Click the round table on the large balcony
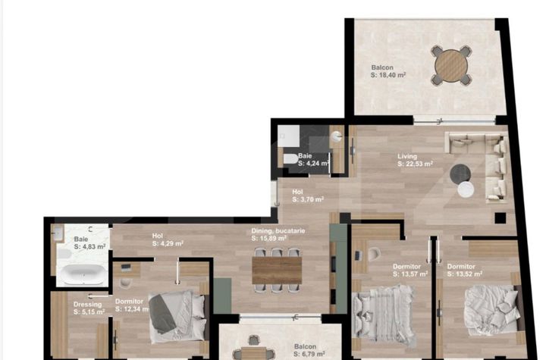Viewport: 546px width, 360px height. (x=451, y=65)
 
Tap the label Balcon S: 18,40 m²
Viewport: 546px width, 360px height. (x=388, y=71)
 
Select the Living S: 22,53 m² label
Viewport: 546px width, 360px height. (x=415, y=160)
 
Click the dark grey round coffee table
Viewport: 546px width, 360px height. (x=460, y=174)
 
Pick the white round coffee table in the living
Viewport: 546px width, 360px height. (x=466, y=189)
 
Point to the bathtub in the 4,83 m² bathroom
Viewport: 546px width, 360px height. (x=82, y=274)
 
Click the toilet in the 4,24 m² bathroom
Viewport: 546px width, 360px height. (x=290, y=158)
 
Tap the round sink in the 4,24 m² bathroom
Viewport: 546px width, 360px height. (x=336, y=136)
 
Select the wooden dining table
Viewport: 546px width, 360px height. (x=277, y=270)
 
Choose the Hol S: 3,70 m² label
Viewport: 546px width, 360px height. (x=308, y=196)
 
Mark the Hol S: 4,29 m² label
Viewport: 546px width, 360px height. (x=168, y=240)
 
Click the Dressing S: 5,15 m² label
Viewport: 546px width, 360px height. (x=89, y=308)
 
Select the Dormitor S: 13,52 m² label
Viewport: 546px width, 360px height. (x=465, y=270)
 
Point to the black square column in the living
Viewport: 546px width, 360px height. (x=500, y=218)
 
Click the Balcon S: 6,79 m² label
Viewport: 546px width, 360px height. (x=309, y=350)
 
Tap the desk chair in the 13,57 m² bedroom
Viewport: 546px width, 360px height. (x=373, y=254)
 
